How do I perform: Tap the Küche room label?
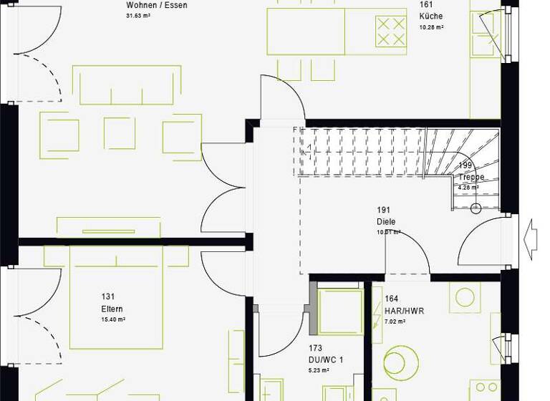[x=431, y=16]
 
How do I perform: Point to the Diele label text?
[x=386, y=222]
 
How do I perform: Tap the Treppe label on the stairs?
[x=472, y=177]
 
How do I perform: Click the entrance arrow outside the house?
[x=531, y=235]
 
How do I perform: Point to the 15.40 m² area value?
[x=112, y=320]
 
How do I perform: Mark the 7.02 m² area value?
[x=395, y=322]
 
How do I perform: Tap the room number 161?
[x=426, y=4]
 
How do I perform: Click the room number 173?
[x=316, y=349]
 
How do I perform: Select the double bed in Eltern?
[x=116, y=294]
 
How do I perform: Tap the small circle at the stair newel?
[x=476, y=209]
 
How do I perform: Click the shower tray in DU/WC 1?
[x=340, y=311]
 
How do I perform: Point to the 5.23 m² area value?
[x=319, y=370]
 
